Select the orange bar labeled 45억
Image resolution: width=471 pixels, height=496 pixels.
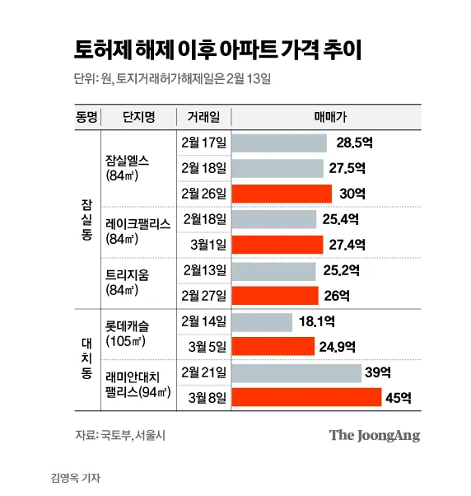pos(305,398)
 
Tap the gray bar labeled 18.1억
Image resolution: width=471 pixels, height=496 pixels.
pos(262,323)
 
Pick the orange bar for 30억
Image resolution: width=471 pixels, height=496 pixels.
pos(282,194)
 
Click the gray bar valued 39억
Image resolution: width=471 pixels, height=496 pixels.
pos(296,374)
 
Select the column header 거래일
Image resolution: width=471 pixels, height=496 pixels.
pos(203,116)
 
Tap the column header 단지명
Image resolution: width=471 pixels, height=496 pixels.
pos(138,116)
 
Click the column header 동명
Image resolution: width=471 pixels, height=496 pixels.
pos(86,116)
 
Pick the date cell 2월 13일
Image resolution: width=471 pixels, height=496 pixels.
pos(204,270)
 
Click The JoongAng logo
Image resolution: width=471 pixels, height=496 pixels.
pos(375,435)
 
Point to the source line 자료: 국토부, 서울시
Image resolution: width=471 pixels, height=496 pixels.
pos(119,434)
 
